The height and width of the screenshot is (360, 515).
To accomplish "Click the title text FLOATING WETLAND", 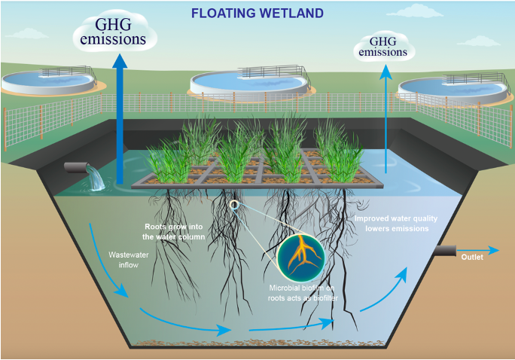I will [x=257, y=14].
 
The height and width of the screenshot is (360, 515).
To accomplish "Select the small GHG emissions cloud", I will [x=382, y=49].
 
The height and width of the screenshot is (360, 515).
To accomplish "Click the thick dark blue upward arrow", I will [x=119, y=121].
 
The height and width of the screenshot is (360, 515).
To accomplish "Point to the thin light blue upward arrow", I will [x=386, y=121].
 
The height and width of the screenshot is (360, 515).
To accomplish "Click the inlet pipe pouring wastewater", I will [x=77, y=167].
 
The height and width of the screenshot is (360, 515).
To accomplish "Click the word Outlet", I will [x=472, y=257].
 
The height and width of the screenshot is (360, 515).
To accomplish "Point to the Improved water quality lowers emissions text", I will [x=396, y=223].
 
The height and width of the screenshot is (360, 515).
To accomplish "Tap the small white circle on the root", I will [x=234, y=204].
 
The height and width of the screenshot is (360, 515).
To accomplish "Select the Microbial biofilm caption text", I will [x=301, y=294].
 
